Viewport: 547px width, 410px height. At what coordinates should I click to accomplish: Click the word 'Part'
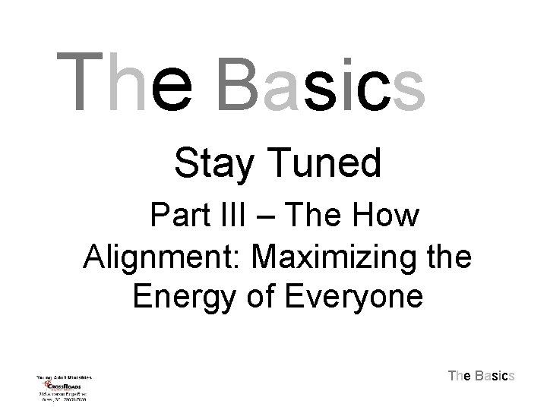180,216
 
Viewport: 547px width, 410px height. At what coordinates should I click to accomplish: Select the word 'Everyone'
356,296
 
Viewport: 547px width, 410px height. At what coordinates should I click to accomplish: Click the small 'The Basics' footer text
482,376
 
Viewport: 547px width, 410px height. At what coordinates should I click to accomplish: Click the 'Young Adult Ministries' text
65,376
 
